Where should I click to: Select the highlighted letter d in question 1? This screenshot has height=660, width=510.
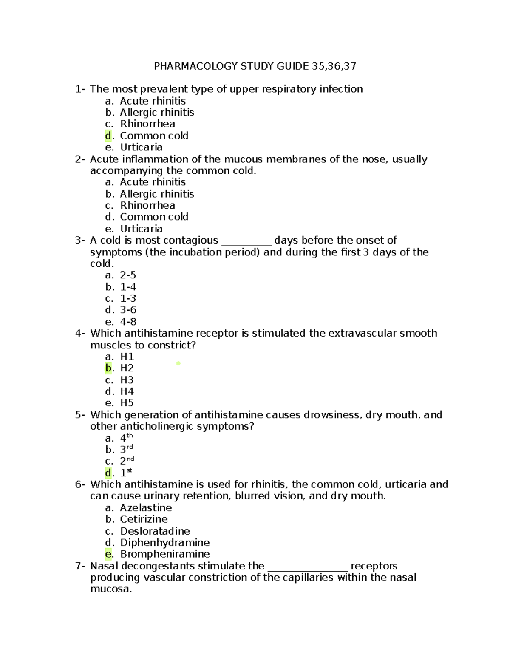(108, 136)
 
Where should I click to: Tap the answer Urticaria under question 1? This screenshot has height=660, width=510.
(141, 147)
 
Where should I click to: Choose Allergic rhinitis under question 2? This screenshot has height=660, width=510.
(157, 194)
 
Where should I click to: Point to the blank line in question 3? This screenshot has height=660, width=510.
(246, 243)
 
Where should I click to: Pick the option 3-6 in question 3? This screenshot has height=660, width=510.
(128, 310)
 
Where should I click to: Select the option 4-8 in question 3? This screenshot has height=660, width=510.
(128, 322)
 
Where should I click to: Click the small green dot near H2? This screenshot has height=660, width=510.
(178, 363)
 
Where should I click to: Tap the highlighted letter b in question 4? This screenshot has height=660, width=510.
(108, 368)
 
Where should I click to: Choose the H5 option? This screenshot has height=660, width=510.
(127, 403)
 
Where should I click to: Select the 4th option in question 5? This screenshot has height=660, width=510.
(126, 438)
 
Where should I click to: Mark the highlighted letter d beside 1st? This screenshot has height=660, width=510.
(108, 473)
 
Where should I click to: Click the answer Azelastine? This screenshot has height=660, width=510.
(146, 508)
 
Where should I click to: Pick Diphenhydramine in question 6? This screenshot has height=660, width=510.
(165, 543)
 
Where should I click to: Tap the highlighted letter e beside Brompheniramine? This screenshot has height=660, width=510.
(108, 554)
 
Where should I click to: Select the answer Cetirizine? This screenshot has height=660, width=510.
(144, 519)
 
